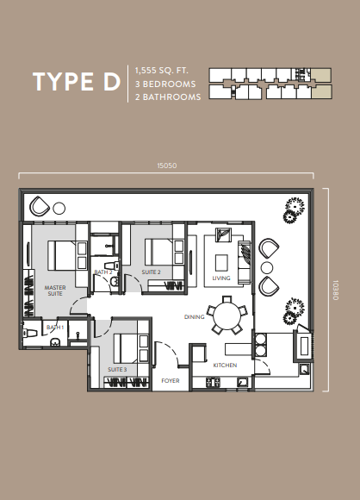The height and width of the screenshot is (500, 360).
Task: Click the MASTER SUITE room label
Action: coord(55,291)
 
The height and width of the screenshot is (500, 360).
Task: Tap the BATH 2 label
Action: coord(103,272)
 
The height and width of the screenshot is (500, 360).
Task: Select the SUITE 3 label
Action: coord(117,369)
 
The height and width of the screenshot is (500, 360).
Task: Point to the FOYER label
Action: coord(171,380)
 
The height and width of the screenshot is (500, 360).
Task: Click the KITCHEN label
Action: coord(225,366)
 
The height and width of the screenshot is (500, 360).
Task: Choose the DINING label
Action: coord(195,317)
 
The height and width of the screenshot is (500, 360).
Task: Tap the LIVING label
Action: coord(221,278)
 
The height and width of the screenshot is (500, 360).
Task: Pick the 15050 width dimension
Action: coord(167,166)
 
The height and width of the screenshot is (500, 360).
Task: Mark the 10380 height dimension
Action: coord(336,290)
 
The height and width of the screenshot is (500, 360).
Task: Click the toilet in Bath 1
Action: coord(29,334)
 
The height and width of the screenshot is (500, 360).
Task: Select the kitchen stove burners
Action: coord(213,382)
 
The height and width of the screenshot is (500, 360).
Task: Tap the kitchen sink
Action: coord(243,382)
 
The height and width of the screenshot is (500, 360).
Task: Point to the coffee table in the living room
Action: coord(221,262)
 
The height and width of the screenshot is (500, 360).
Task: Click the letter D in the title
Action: coord(111,81)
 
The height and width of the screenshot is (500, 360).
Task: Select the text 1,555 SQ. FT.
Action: coord(162,70)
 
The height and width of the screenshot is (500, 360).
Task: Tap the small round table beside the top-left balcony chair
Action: coord(59,209)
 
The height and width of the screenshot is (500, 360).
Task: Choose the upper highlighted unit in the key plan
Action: coord(321,75)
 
